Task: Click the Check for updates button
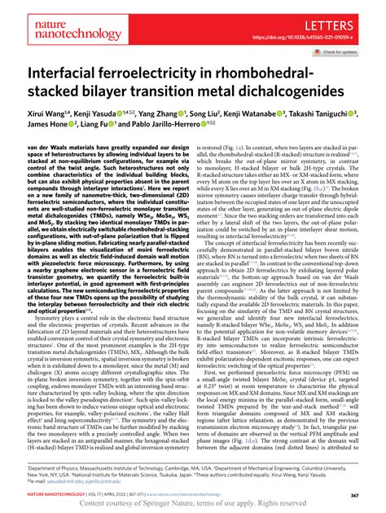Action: point(346,54)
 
